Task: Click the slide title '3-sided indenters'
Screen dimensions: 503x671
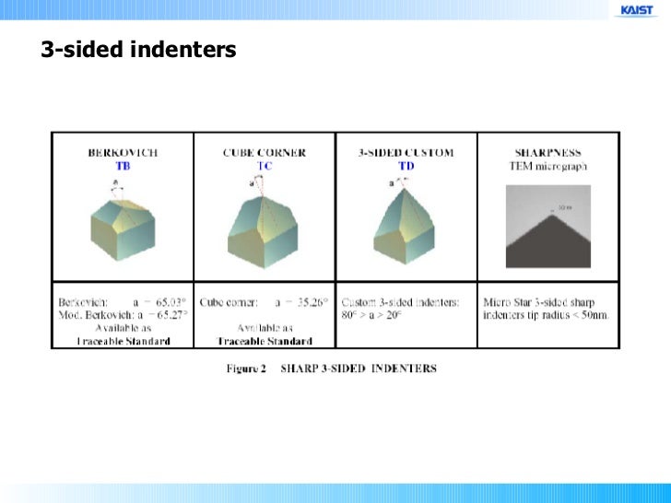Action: click(138, 50)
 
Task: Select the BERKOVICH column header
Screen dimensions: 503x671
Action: click(123, 152)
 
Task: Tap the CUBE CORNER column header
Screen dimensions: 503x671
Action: click(265, 152)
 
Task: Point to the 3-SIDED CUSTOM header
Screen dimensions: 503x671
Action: click(406, 152)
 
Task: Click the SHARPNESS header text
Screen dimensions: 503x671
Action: click(549, 152)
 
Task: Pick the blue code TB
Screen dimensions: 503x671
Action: click(123, 165)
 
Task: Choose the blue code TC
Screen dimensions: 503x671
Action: click(265, 165)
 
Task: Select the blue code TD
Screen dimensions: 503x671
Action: click(406, 165)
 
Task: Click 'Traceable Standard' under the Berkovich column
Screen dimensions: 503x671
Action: click(123, 341)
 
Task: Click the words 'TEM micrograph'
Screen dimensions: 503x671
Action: click(549, 165)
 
